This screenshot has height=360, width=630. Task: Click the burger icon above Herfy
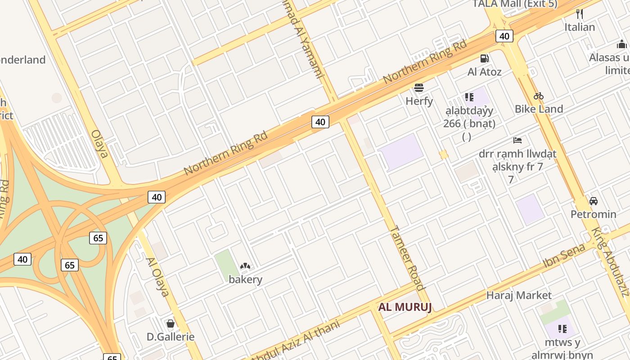419,87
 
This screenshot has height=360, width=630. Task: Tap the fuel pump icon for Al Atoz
484,58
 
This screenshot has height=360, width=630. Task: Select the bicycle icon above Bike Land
539,96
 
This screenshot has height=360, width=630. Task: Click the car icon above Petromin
593,201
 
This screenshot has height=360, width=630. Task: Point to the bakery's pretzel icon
245,266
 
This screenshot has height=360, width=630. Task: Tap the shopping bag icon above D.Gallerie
170,323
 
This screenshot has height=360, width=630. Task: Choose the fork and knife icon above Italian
580,14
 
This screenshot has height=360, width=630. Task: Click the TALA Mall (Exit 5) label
515,4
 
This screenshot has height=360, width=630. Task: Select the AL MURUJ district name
405,307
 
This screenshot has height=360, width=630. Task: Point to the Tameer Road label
407,258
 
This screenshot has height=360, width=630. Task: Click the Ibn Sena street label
564,255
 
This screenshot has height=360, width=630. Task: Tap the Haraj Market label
519,295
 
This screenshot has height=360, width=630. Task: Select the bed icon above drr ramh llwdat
517,140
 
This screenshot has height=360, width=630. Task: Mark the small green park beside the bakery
226,263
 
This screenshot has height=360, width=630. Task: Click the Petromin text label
594,214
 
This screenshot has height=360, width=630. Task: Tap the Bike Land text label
539,109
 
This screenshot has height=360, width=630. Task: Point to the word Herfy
419,101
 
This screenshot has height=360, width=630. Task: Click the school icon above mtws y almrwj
562,328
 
